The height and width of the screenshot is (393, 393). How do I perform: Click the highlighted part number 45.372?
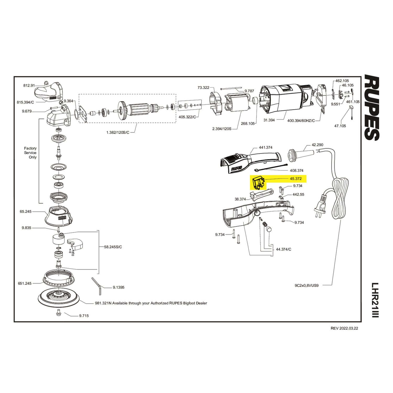(x=296, y=179)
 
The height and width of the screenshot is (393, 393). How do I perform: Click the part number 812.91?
(x=29, y=85)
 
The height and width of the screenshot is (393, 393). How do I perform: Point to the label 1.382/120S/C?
(x=118, y=133)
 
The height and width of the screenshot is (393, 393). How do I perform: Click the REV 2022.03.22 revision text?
(x=344, y=328)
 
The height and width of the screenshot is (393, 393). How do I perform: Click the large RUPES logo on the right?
(x=372, y=108)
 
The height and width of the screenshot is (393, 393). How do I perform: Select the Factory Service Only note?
(x=30, y=153)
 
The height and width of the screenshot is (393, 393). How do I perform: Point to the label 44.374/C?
(x=283, y=249)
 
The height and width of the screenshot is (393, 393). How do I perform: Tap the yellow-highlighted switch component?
(x=258, y=183)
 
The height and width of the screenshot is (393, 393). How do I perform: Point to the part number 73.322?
(x=203, y=88)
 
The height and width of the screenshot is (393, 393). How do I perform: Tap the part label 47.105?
(x=340, y=126)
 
